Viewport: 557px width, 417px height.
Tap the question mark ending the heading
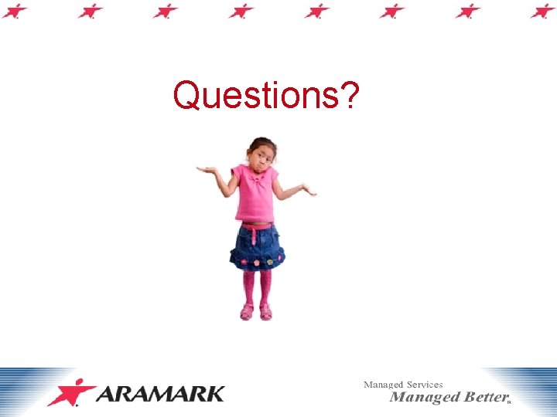[x=350, y=96]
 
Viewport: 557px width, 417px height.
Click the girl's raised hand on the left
[x=207, y=169]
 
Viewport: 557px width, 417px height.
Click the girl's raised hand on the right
[x=309, y=188]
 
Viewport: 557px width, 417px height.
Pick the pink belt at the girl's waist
[x=257, y=226]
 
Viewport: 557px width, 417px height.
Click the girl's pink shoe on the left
[x=247, y=312]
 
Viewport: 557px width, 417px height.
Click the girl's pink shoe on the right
[x=266, y=312]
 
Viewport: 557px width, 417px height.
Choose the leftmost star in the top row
[x=15, y=10]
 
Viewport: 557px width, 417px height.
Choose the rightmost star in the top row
[x=543, y=10]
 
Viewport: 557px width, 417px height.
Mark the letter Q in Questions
[x=186, y=96]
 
